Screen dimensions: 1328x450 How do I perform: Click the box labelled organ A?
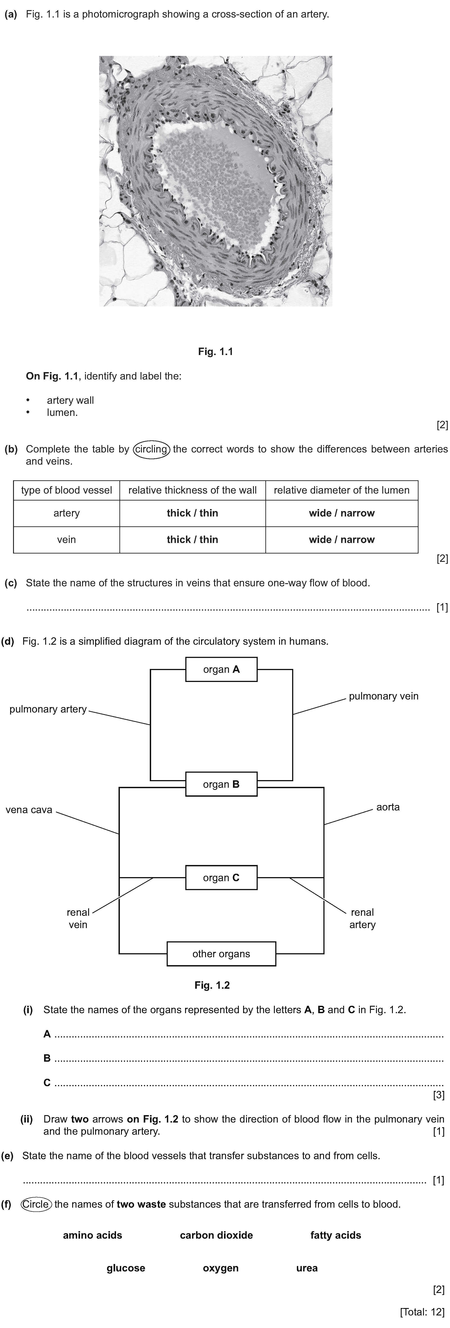[221, 669]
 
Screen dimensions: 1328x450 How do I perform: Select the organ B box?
[221, 784]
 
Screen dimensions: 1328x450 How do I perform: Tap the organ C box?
[221, 877]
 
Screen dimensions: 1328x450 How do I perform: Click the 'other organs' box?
[221, 954]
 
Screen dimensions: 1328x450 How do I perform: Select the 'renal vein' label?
[78, 918]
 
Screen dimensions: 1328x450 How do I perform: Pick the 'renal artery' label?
[362, 918]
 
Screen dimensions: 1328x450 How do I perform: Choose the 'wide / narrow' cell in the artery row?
[342, 513]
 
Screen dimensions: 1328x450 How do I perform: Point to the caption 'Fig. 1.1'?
[215, 352]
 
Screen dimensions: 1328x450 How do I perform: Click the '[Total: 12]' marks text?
[422, 1312]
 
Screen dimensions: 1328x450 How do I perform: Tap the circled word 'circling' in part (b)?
[151, 449]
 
